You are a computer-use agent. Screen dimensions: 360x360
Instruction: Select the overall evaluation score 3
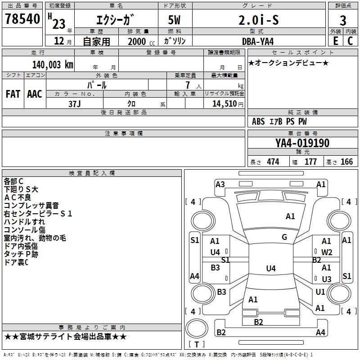(x=343, y=20)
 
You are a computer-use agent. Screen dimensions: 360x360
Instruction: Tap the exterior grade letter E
(x=335, y=40)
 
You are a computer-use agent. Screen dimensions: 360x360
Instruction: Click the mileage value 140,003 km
(x=53, y=64)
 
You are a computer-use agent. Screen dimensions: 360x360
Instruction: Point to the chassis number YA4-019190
(x=302, y=143)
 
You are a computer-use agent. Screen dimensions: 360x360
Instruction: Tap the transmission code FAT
(x=13, y=94)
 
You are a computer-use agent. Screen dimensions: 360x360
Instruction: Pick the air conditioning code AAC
(x=35, y=94)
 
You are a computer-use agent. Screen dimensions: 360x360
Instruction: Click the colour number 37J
(x=75, y=103)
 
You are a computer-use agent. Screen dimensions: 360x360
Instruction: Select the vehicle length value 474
(x=273, y=162)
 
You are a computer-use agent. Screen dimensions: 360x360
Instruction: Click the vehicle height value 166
(x=346, y=162)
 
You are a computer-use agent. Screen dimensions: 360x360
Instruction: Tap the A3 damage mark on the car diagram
(x=220, y=184)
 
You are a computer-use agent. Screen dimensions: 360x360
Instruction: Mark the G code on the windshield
(x=284, y=237)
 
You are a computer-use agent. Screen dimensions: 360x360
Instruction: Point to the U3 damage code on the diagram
(x=327, y=279)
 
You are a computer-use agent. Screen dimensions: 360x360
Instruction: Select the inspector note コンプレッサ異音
(x=31, y=205)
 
